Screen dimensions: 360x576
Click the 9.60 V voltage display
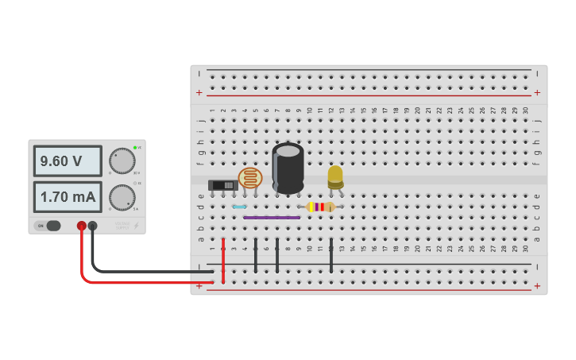tap(67, 161)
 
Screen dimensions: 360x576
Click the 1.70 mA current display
tap(67, 196)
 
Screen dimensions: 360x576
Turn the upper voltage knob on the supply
tap(122, 161)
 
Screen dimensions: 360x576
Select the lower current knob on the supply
tap(122, 197)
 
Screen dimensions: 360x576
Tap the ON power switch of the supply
tap(48, 226)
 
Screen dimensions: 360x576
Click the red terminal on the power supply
tap(82, 226)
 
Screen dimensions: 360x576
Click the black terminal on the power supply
tap(93, 226)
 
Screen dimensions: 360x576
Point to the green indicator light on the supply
tap(135, 148)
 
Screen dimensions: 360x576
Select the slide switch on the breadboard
tap(222, 185)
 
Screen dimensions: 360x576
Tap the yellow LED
tap(335, 176)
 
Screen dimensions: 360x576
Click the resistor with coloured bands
tap(320, 207)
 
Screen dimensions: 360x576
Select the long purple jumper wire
tap(272, 217)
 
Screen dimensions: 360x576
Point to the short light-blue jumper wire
tap(239, 207)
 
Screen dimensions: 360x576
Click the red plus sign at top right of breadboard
tap(537, 92)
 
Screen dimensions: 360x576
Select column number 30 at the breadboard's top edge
tap(525, 110)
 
